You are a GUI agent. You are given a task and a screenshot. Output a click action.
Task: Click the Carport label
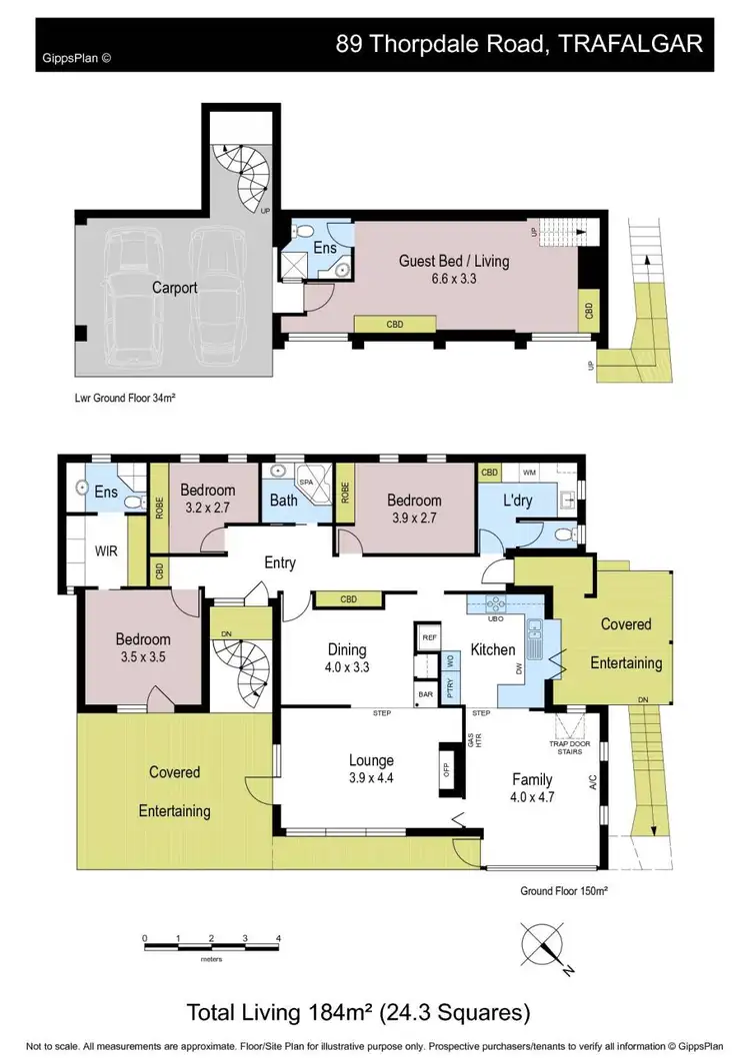pos(174,288)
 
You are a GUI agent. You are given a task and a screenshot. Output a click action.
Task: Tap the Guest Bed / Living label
pos(453,262)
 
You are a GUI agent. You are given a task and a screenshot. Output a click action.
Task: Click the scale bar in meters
pos(211,940)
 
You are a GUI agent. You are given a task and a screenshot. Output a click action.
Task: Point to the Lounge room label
pos(371,760)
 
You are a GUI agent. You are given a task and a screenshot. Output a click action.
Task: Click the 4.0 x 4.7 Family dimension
pos(532,797)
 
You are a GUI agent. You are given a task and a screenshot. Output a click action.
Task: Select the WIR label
pos(108,550)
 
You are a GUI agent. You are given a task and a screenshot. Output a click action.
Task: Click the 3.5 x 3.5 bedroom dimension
pos(142,659)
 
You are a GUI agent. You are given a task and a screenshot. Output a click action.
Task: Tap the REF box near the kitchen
pos(430,636)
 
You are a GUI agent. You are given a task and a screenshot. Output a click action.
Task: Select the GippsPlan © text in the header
pos(77,57)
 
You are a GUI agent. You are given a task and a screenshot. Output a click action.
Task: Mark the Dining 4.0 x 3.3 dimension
pos(346,668)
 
